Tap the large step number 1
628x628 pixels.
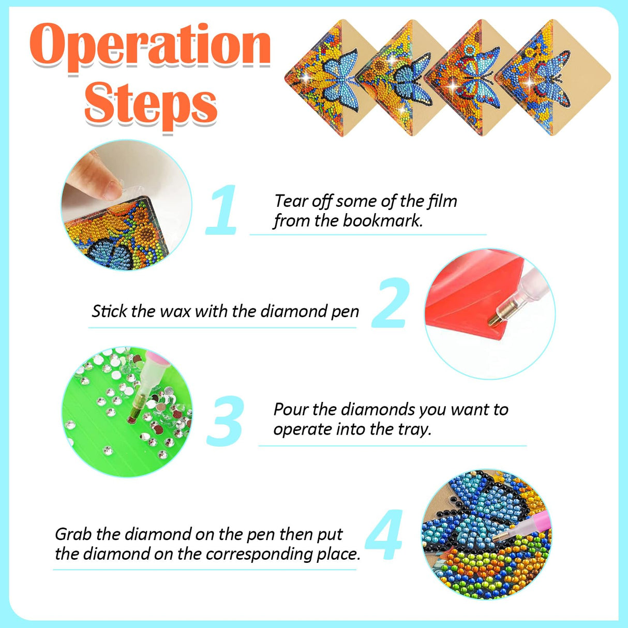click(222, 211)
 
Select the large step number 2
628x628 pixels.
click(391, 304)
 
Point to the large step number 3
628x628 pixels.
click(225, 421)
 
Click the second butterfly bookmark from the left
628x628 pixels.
click(403, 78)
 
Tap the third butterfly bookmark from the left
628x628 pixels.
click(473, 78)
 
